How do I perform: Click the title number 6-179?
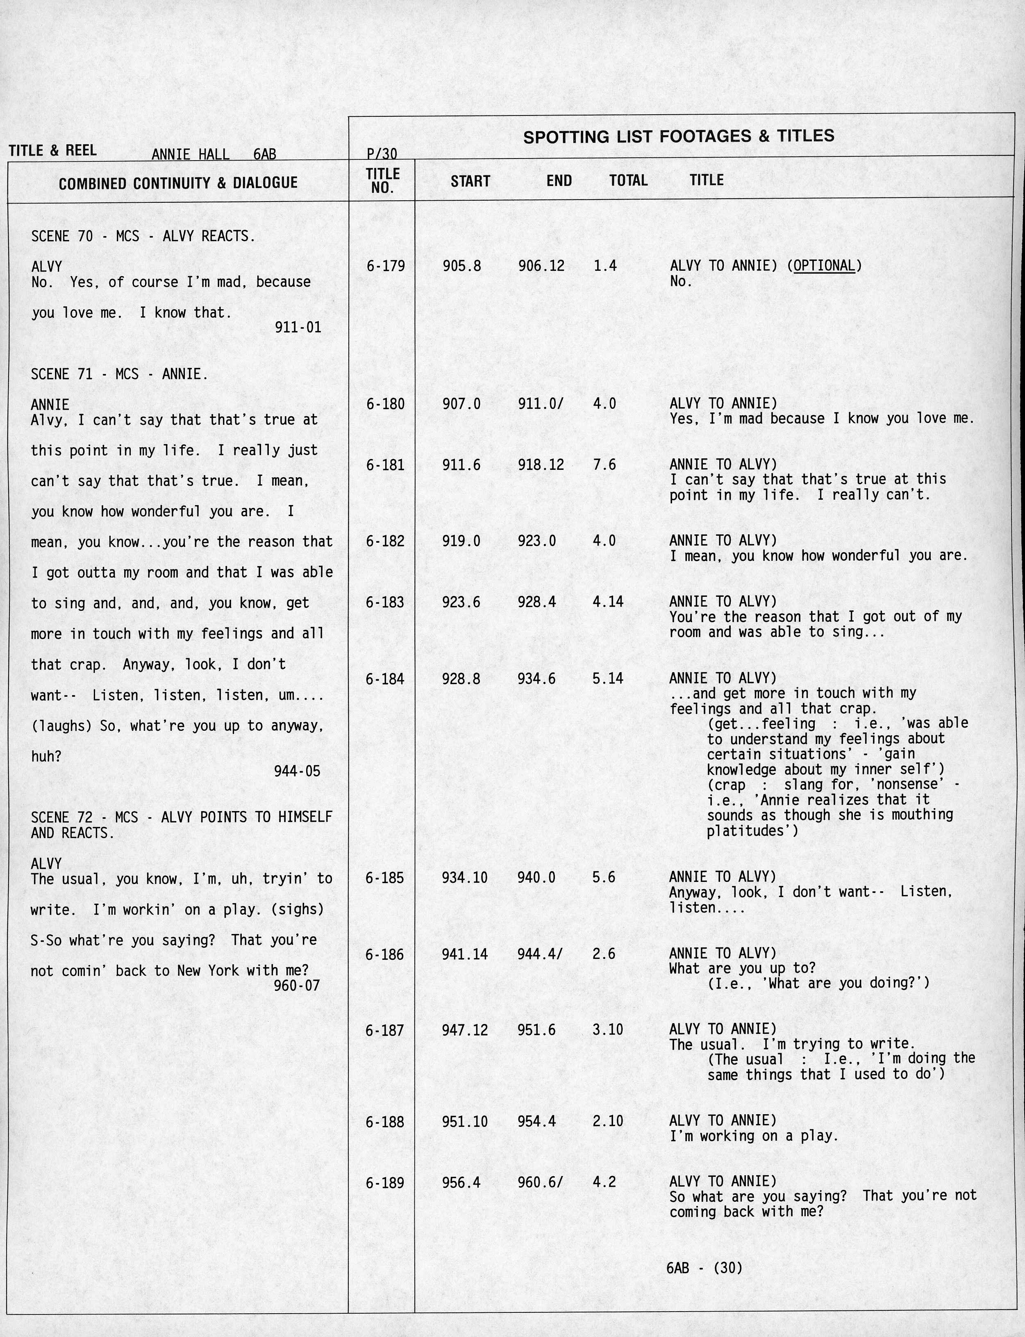385,266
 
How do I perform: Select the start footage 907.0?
461,403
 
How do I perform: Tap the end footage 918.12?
541,465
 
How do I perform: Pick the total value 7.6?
604,465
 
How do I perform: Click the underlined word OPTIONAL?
824,266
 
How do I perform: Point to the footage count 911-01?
298,327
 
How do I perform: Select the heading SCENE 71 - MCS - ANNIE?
120,374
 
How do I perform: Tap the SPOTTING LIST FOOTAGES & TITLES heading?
678,136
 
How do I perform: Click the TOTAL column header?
628,181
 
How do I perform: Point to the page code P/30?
382,154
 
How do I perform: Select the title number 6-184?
385,679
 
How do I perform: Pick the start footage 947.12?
464,1030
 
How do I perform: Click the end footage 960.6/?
540,1183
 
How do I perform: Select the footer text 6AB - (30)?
704,1268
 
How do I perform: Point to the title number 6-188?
384,1122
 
